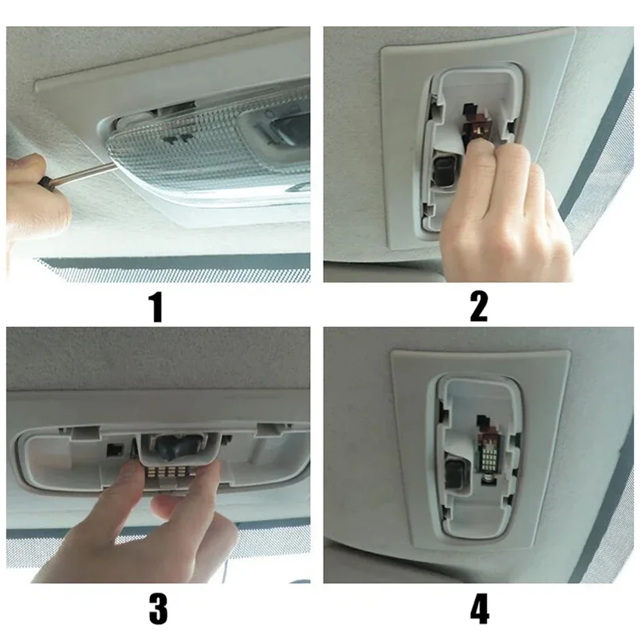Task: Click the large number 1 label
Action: pos(156,307)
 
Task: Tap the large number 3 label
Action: pos(158,609)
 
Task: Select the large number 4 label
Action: pos(479,609)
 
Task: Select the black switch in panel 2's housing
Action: pos(445,171)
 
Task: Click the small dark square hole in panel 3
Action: pos(115,450)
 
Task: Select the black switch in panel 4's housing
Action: pos(454,474)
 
